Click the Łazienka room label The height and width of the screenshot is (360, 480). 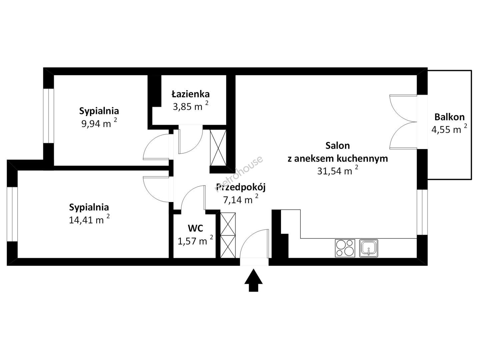coord(190,94)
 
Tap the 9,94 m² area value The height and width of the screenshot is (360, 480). coord(99,123)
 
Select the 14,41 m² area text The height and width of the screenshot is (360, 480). coord(89,220)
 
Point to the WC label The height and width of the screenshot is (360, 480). coord(195,228)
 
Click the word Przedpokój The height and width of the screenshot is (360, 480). coord(241,188)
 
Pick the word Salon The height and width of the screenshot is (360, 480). coord(338,146)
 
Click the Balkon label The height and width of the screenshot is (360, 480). coord(449,117)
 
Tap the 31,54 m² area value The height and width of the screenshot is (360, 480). coord(338,170)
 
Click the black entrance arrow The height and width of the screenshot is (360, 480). coord(253,280)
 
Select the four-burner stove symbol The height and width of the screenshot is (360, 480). coord(345,248)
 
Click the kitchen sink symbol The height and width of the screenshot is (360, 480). coord(369,248)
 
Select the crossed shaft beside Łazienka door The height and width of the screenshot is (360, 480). coord(218,148)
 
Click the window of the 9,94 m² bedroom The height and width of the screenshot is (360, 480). coord(48,116)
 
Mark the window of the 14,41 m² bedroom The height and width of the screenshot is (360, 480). coord(12,214)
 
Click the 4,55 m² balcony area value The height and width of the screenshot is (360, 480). coord(449,129)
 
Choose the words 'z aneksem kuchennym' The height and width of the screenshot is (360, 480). coord(338,158)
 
